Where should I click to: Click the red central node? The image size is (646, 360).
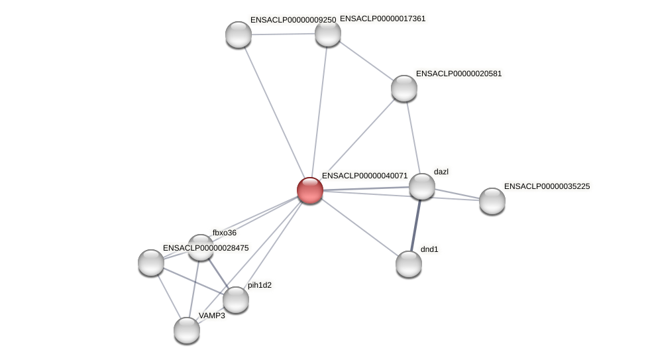[x=310, y=190]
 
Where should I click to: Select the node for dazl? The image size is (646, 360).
[x=422, y=186]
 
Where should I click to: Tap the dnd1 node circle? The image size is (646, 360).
[x=409, y=264]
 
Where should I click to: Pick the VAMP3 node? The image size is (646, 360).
[x=187, y=330]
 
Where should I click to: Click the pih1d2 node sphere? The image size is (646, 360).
[x=236, y=300]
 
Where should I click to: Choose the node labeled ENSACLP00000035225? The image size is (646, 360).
[x=492, y=201]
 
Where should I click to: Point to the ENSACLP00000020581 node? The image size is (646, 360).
[x=404, y=88]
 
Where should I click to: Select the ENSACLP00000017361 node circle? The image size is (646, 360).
[x=328, y=33]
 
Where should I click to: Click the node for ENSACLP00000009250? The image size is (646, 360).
[x=239, y=34]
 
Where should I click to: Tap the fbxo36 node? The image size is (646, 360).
[x=201, y=247]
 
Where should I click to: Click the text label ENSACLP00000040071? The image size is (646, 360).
[x=364, y=176]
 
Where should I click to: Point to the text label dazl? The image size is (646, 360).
[x=441, y=172]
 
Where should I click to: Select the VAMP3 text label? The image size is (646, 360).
[x=212, y=316]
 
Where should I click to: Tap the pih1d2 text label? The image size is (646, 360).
[x=260, y=285]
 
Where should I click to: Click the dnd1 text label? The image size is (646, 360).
[x=429, y=249]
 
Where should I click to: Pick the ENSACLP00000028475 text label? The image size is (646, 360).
[x=205, y=248]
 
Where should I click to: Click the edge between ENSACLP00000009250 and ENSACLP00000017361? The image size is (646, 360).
[x=283, y=34]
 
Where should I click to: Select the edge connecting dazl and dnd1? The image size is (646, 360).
[x=415, y=225]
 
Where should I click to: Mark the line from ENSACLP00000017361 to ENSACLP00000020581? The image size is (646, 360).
[x=366, y=60]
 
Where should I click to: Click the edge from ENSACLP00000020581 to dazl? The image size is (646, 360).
[x=413, y=137]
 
